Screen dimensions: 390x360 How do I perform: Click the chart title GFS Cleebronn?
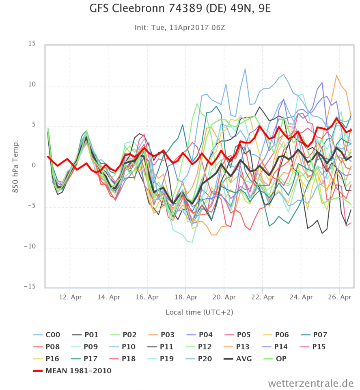[x=180, y=9]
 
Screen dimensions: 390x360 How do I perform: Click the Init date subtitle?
[x=180, y=28]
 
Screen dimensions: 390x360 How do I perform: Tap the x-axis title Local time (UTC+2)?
[x=199, y=312]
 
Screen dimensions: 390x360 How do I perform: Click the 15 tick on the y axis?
[x=32, y=44]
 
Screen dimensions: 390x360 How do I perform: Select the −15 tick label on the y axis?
[x=30, y=286]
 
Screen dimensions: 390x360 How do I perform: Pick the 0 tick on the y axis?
[x=34, y=165]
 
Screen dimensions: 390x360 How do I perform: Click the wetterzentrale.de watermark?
[x=310, y=383]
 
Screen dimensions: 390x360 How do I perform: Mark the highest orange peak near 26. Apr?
[x=336, y=76]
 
